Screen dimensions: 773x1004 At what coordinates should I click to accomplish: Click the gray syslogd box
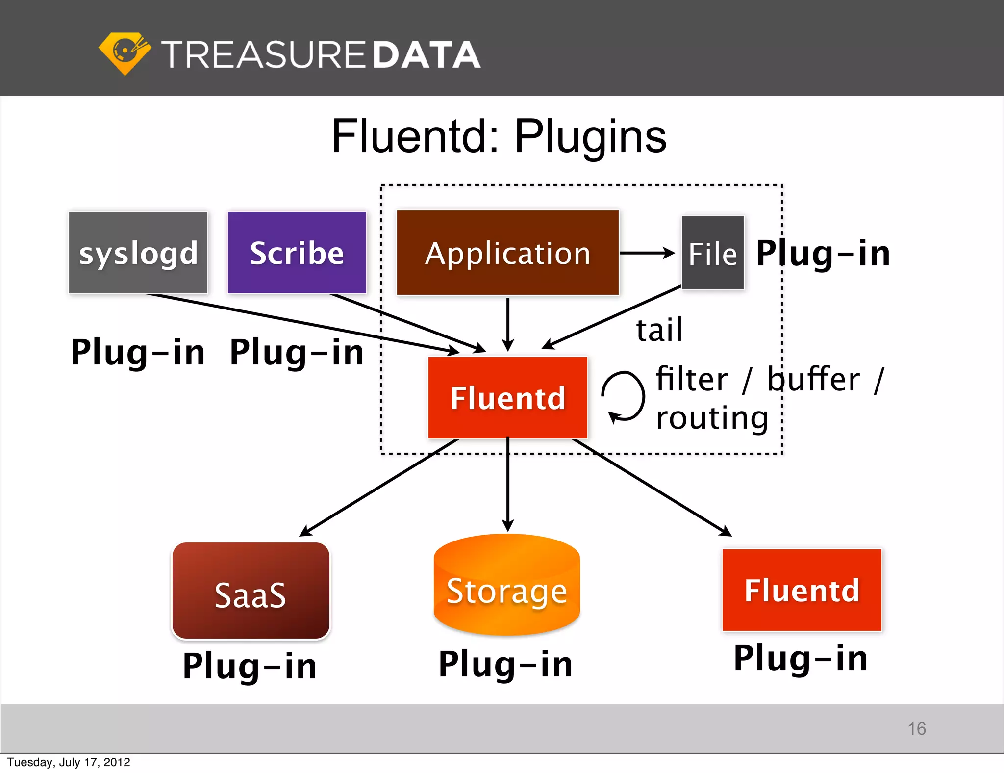point(138,253)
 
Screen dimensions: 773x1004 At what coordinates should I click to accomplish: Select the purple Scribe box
point(297,253)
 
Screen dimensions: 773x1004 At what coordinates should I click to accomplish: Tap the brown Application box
point(507,253)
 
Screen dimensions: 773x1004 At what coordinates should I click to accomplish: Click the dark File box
point(712,253)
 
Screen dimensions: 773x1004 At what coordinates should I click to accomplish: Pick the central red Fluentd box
point(507,397)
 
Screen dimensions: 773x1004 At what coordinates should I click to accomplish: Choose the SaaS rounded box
point(251,591)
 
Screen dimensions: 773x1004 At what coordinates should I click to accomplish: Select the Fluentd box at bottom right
point(802,590)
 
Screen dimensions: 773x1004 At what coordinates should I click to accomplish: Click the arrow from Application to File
point(647,253)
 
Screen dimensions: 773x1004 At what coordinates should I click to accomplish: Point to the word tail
point(659,330)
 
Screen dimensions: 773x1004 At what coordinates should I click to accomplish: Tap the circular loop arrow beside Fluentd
point(623,396)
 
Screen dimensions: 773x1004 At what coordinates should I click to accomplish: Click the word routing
point(712,418)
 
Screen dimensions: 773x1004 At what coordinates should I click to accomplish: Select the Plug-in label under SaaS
point(250,666)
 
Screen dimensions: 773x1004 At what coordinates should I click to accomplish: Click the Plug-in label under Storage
point(505,664)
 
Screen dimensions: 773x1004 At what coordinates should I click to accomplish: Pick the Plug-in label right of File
point(823,254)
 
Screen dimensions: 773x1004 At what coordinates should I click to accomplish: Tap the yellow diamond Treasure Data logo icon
point(125,53)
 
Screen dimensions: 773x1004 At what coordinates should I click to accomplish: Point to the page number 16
point(916,728)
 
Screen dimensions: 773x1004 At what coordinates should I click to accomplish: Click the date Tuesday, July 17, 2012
point(69,762)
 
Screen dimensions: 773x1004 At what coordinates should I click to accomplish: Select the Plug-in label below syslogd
point(138,352)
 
